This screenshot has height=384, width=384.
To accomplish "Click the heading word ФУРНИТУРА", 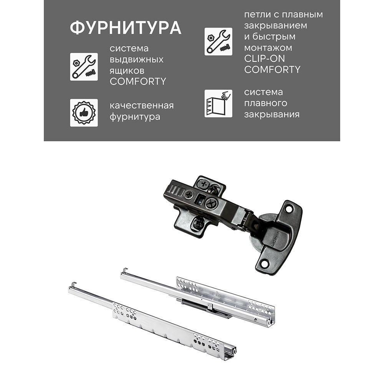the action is (x=126, y=27).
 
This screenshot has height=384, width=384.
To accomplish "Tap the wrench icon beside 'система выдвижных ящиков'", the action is (x=84, y=66).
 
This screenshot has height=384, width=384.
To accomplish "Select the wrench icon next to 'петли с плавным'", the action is (x=218, y=41).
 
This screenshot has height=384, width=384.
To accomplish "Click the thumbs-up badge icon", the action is (x=84, y=113).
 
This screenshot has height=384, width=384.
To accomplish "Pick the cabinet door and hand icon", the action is (x=218, y=103).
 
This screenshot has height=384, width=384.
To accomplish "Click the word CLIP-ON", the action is (x=265, y=59).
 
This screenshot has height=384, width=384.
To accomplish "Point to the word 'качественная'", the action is (x=142, y=106).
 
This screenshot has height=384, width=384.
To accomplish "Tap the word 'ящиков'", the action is (x=127, y=71).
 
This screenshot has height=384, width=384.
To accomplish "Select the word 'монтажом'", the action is (x=268, y=48).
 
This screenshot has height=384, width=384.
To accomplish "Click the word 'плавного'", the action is (x=265, y=103).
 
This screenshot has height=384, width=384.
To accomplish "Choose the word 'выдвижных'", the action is (x=136, y=60).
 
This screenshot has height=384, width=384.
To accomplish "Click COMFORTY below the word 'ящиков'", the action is (x=138, y=81).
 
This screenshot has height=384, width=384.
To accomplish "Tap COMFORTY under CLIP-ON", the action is (x=272, y=70).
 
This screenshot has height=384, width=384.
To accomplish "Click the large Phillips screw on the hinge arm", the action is (x=212, y=204).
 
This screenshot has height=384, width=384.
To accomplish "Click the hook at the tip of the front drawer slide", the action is (x=73, y=285).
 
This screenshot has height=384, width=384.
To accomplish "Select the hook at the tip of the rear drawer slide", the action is (x=124, y=270).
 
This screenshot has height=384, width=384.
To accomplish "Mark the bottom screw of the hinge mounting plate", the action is (x=198, y=223).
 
